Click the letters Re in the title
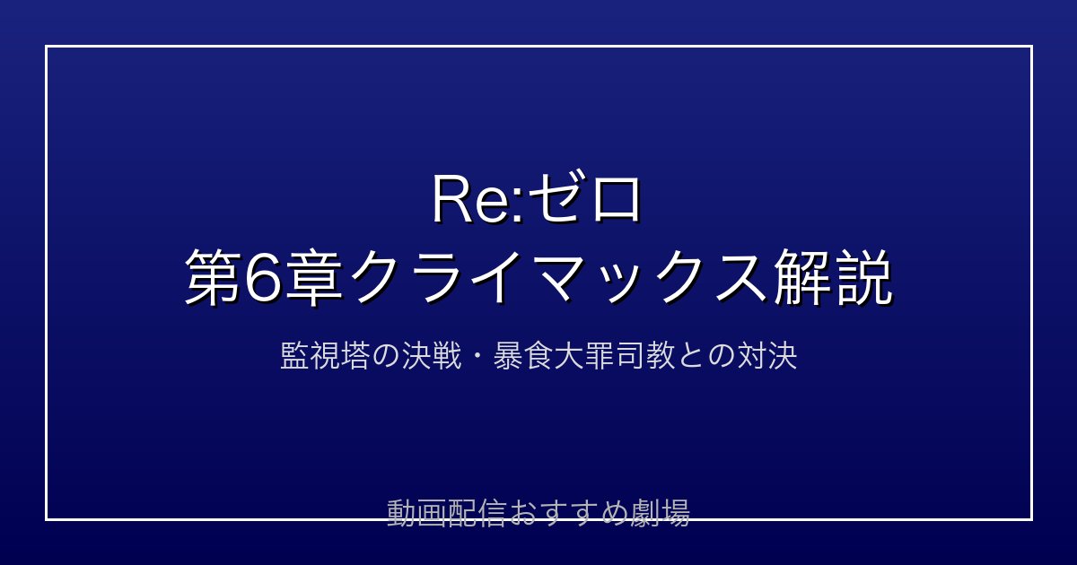click(x=474, y=199)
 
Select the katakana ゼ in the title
click(x=556, y=198)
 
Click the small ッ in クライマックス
click(x=623, y=284)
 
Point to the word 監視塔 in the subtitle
click(x=325, y=357)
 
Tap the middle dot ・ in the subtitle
click(x=477, y=357)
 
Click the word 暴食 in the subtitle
click(x=522, y=357)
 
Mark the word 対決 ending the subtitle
click(x=767, y=357)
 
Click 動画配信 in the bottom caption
click(x=447, y=513)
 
